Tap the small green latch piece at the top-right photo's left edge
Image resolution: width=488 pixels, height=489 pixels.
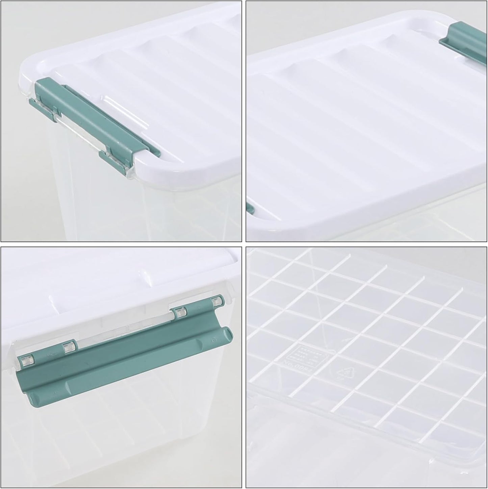coord(250,208)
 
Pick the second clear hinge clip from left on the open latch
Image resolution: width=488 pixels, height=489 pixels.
coord(69,347)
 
